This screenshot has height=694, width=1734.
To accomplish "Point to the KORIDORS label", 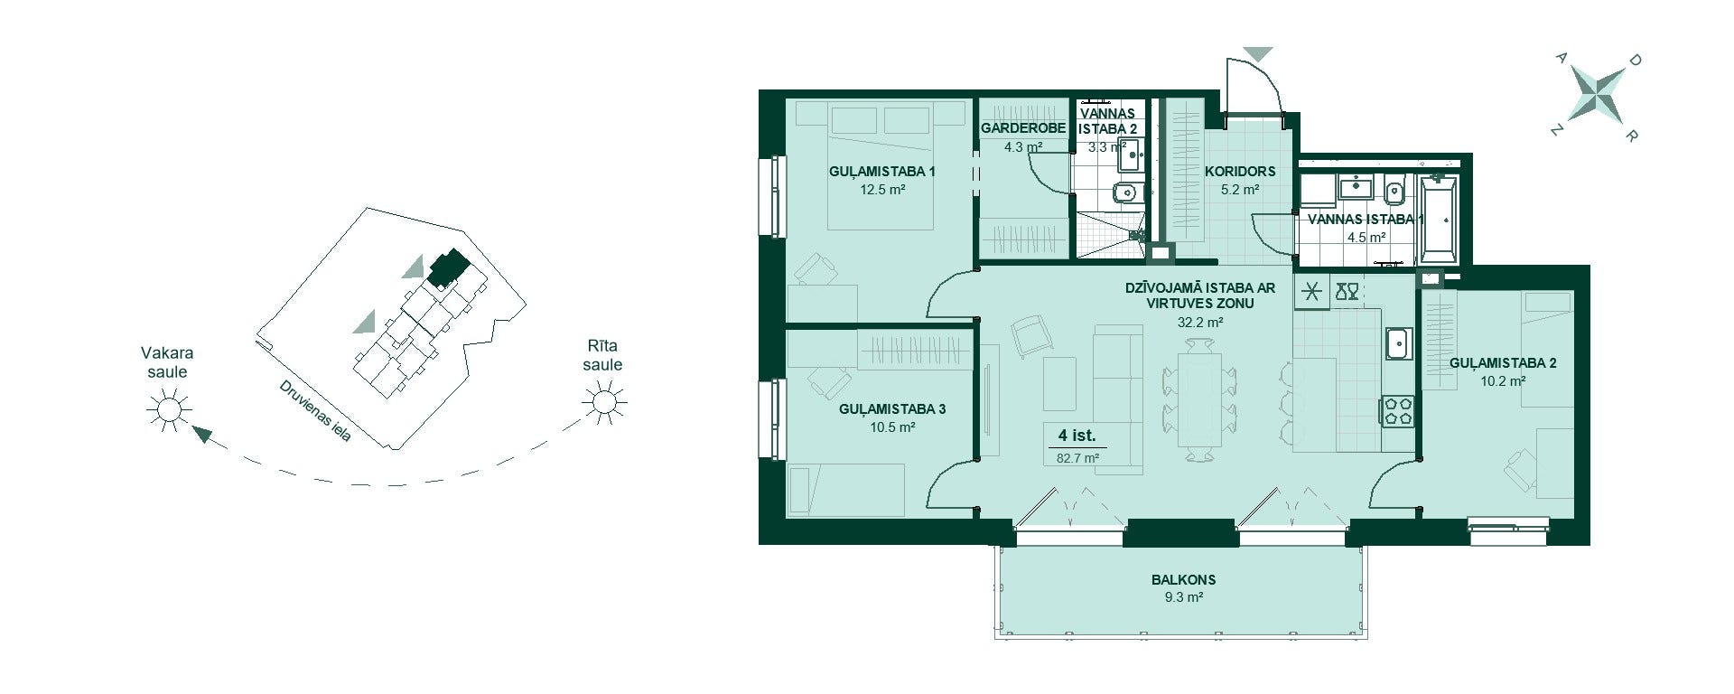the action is (1240, 171).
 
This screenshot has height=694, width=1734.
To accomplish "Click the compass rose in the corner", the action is (1596, 96).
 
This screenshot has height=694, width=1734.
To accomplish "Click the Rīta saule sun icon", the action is (603, 399).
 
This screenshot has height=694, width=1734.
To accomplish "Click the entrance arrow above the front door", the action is (1257, 54).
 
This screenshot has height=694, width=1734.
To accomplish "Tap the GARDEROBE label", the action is (1023, 128).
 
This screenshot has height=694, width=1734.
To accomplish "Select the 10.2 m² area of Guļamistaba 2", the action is (1503, 381).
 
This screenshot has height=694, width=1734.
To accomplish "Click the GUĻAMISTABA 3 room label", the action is (892, 409).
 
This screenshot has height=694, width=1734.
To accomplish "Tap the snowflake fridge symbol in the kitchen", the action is (1311, 291).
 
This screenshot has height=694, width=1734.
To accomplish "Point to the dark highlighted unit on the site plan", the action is (448, 268).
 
